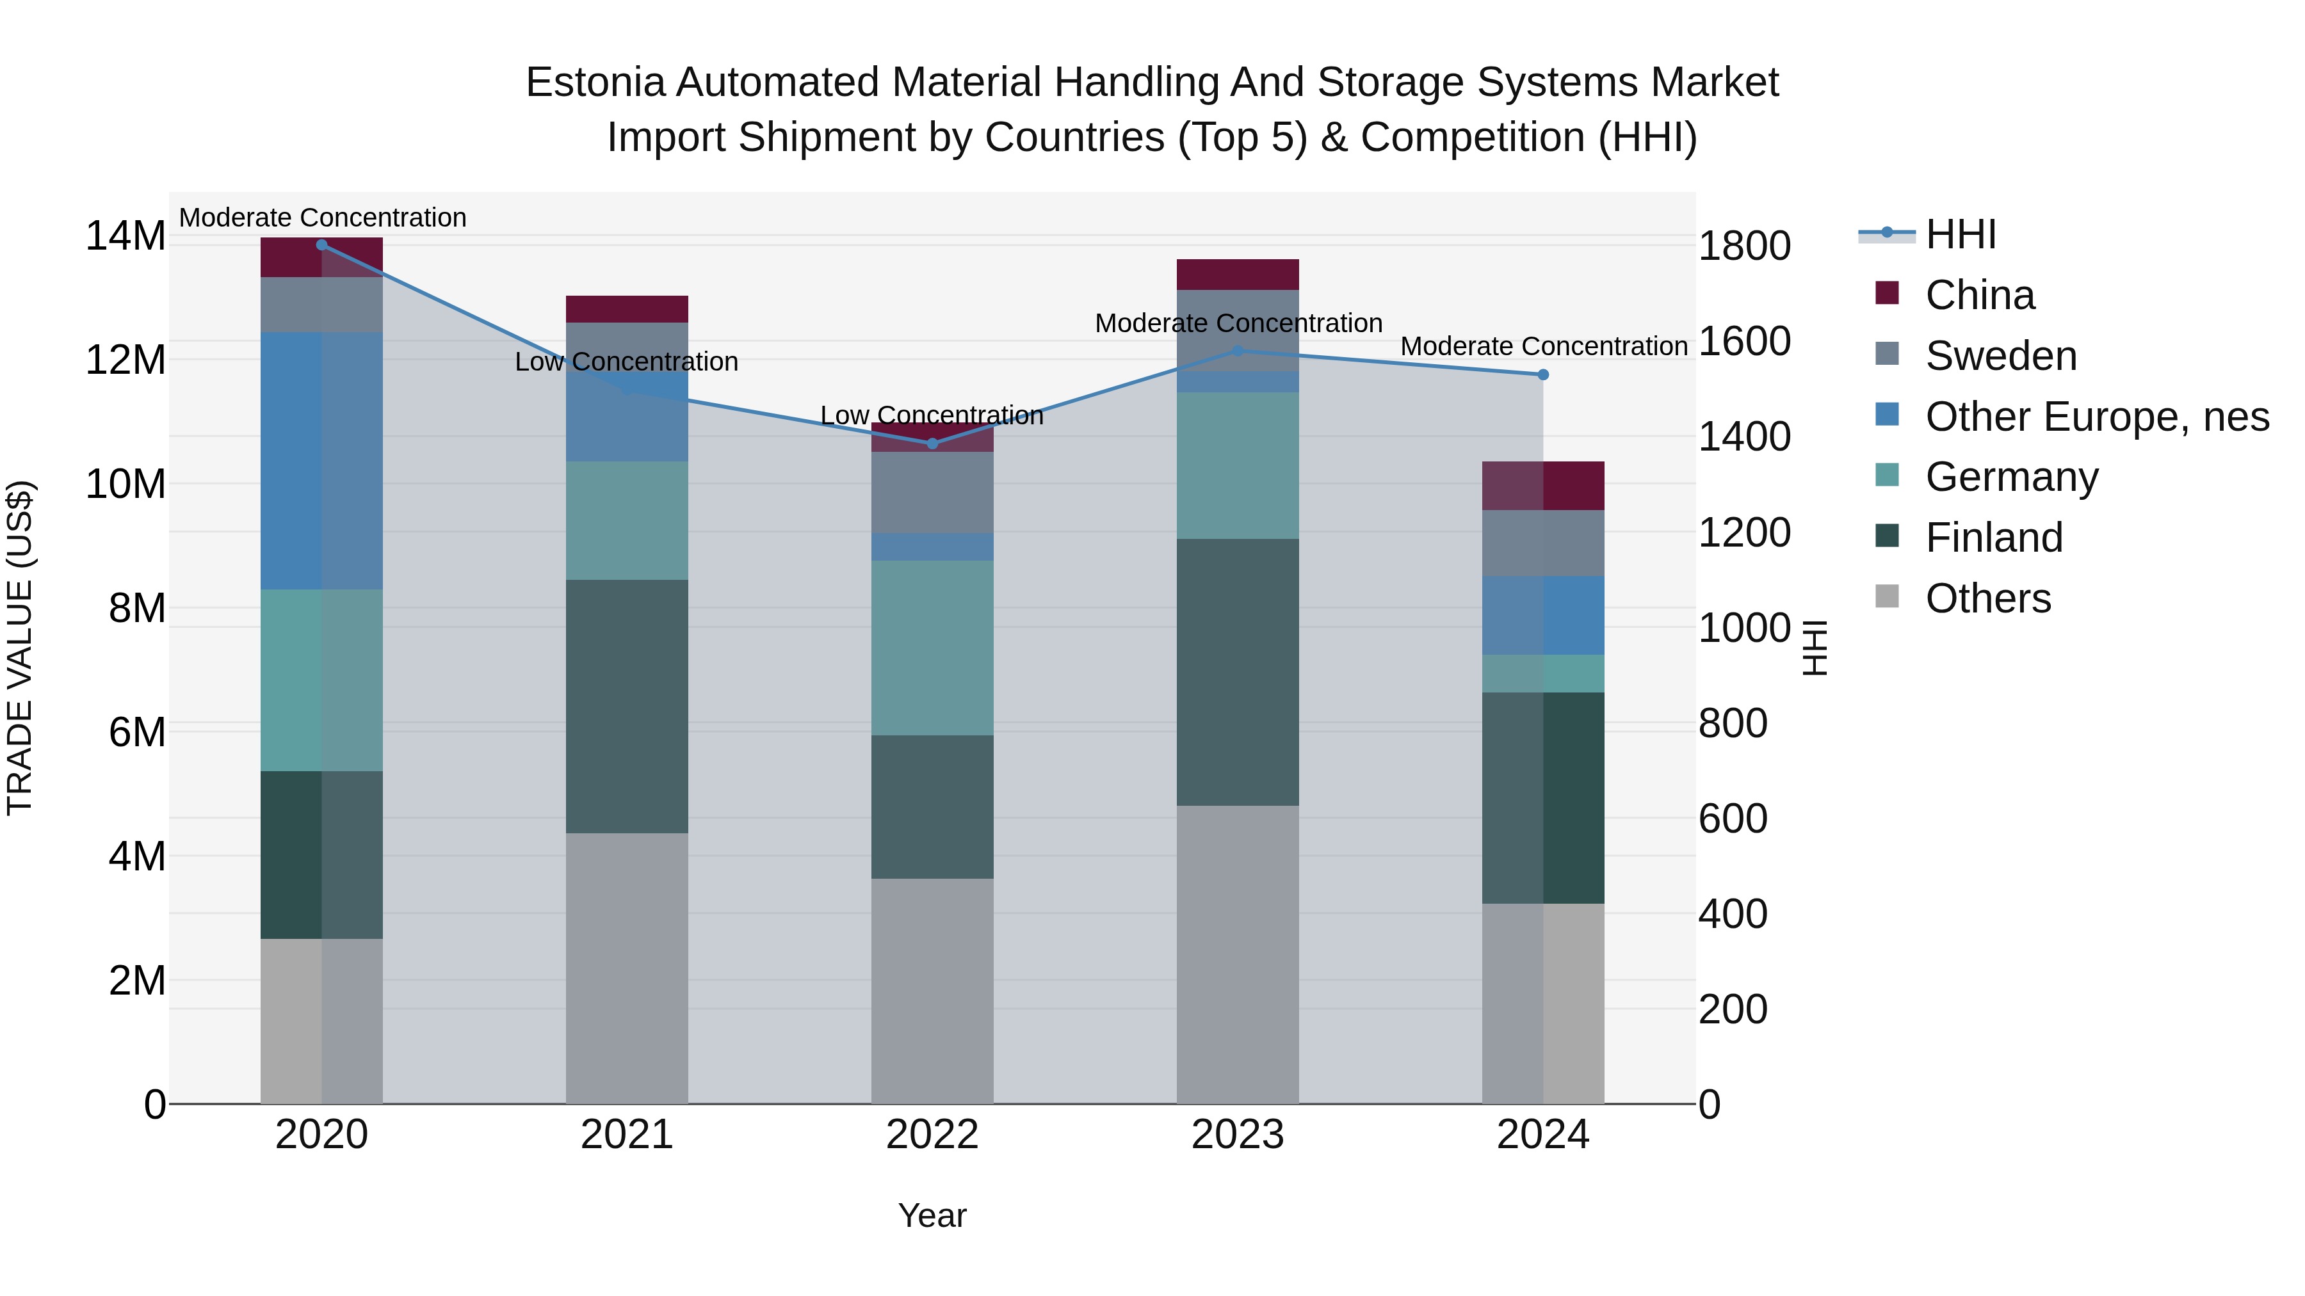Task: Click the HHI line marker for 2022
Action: [x=932, y=444]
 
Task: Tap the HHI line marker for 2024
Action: [x=1542, y=375]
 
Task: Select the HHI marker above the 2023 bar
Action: [x=1238, y=351]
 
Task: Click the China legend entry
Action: [x=1979, y=295]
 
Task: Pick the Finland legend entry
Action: [x=1994, y=538]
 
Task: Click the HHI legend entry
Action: [x=1960, y=234]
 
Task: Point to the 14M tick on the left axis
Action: [x=125, y=236]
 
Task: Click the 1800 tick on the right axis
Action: [x=1744, y=246]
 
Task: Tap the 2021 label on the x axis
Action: [x=626, y=1135]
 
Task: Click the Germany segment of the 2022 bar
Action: [x=932, y=648]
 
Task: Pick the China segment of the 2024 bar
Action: [x=1542, y=486]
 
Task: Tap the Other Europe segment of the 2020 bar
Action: [x=321, y=461]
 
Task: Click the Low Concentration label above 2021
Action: [x=626, y=362]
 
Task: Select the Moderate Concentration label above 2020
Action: [x=322, y=218]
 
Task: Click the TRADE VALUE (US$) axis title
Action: [x=20, y=648]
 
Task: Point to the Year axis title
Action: [x=932, y=1215]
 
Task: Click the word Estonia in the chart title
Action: [x=595, y=83]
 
